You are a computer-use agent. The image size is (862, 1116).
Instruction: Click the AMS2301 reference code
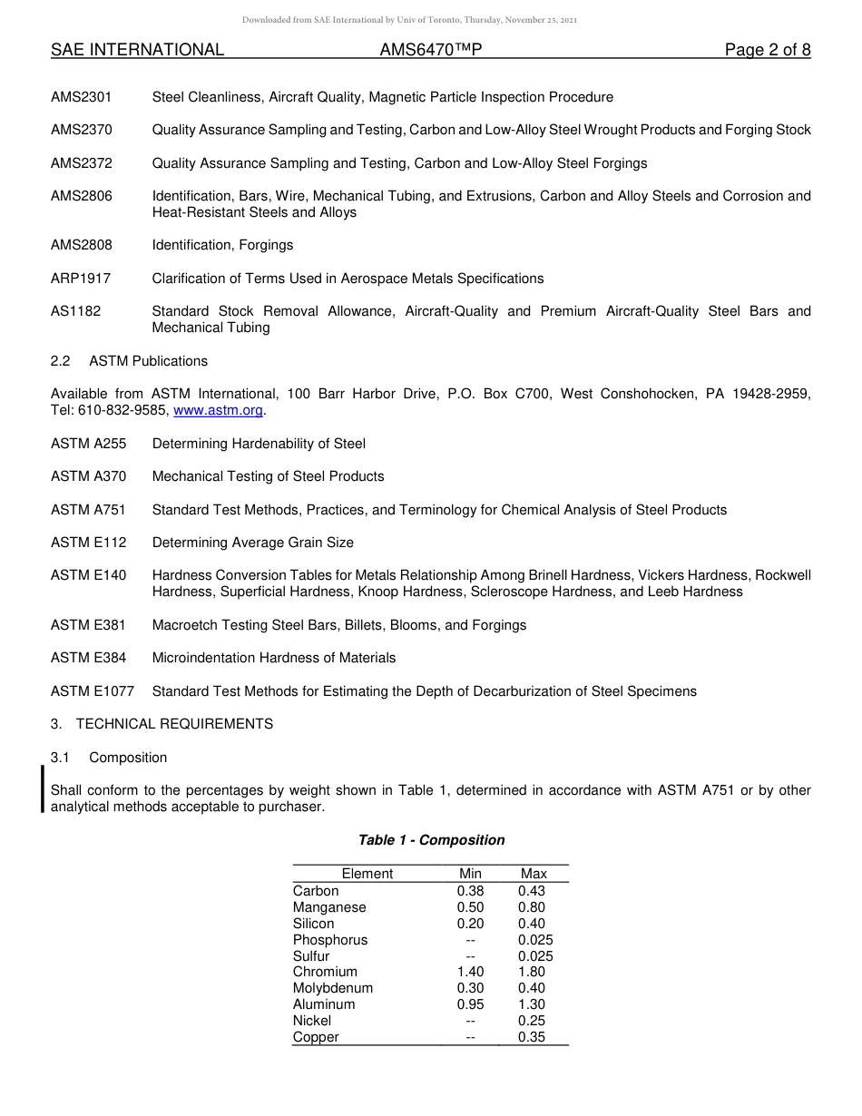click(82, 97)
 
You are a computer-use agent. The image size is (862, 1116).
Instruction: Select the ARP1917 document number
click(81, 279)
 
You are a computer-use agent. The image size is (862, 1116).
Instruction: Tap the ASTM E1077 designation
click(93, 691)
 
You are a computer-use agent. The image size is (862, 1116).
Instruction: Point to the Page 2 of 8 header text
click(767, 50)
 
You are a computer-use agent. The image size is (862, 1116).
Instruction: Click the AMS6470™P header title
click(430, 50)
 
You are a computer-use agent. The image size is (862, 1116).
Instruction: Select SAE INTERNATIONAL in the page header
click(137, 50)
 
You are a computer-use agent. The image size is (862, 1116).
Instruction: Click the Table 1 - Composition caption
click(431, 840)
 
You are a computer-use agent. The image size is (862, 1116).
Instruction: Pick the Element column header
click(367, 874)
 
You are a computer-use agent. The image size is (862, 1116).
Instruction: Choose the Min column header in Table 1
click(470, 874)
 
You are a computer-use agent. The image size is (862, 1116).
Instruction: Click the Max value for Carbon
click(532, 891)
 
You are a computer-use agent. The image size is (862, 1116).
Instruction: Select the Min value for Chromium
click(470, 972)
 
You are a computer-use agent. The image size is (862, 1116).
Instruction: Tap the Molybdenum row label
click(332, 988)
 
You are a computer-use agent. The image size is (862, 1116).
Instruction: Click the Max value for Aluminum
click(532, 1004)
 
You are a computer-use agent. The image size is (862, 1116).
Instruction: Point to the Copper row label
click(316, 1037)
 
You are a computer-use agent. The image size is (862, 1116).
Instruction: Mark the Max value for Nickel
click(532, 1021)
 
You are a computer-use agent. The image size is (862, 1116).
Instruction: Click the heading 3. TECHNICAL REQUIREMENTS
click(162, 724)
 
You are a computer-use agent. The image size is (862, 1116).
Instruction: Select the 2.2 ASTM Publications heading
click(129, 361)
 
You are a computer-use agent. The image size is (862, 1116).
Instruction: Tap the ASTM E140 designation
click(89, 575)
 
